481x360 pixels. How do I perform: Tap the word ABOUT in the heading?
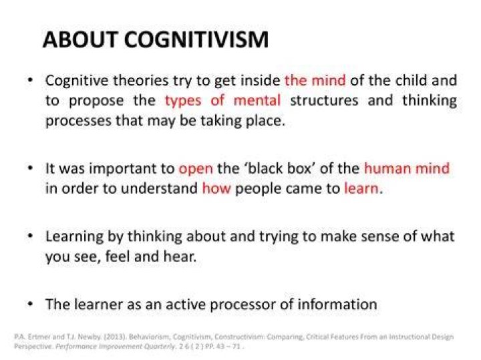[80, 39]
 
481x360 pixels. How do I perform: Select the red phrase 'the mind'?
[315, 80]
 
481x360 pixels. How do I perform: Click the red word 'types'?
[183, 102]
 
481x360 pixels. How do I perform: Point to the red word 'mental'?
[257, 100]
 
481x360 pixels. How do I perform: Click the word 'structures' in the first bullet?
[324, 101]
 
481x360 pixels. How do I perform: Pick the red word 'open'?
[196, 169]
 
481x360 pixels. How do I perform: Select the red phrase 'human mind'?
[407, 168]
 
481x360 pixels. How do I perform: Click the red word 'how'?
[216, 188]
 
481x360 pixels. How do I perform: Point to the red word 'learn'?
[361, 188]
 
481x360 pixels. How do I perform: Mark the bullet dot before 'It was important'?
[30, 168]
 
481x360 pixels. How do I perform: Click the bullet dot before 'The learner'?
[30, 304]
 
